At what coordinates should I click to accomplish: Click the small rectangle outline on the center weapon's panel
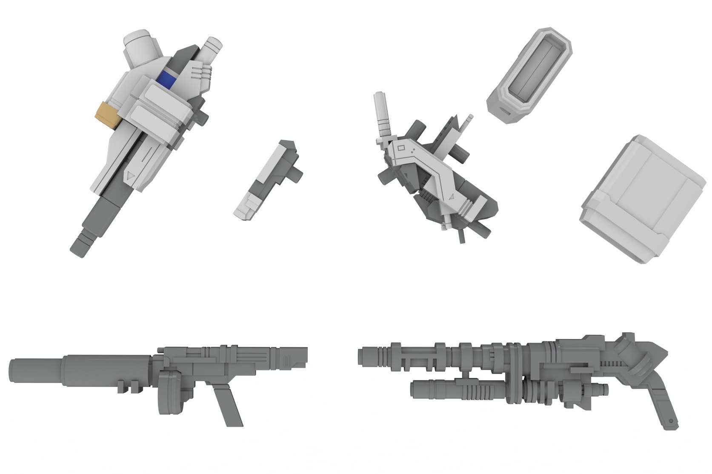(x=400, y=148)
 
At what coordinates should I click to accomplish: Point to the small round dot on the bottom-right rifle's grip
(x=671, y=421)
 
